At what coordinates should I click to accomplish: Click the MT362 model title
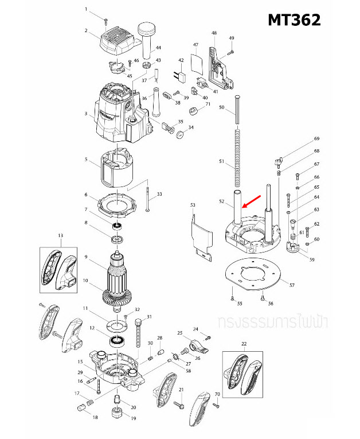pyautogui.click(x=294, y=20)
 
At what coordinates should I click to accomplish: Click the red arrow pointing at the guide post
pyautogui.click(x=252, y=201)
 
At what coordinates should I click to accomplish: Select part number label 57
pyautogui.click(x=292, y=285)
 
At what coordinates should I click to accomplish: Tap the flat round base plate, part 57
pyautogui.click(x=253, y=276)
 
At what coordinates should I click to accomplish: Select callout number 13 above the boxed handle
pyautogui.click(x=60, y=235)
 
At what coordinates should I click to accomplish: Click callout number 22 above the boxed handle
pyautogui.click(x=243, y=344)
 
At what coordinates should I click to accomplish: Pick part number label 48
pyautogui.click(x=214, y=33)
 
